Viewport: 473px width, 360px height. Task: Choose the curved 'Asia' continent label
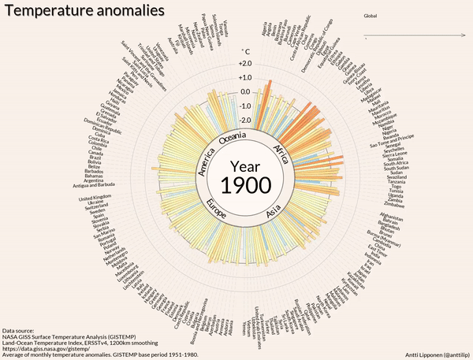[274, 211]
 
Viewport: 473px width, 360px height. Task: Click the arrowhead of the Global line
[461, 35]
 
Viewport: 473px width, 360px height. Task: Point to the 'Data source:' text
[17, 330]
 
